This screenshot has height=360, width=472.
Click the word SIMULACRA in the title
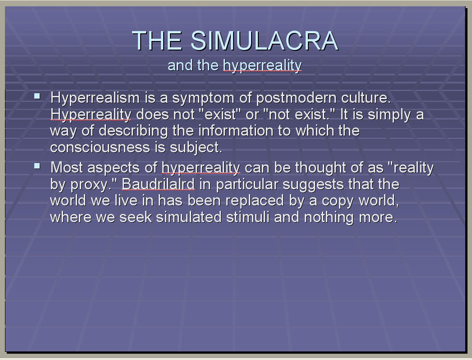pos(265,41)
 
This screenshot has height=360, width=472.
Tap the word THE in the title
pos(157,41)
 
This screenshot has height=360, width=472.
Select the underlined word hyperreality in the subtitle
pos(262,66)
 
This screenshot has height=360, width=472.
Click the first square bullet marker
pos(37,96)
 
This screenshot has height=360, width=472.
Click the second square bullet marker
pos(37,166)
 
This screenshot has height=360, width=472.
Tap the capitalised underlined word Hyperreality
pos(91,115)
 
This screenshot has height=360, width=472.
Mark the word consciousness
pos(100,147)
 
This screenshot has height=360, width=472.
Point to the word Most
pos(67,168)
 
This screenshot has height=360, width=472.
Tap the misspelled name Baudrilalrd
pos(158,184)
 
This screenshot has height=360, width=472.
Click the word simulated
pos(189,217)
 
